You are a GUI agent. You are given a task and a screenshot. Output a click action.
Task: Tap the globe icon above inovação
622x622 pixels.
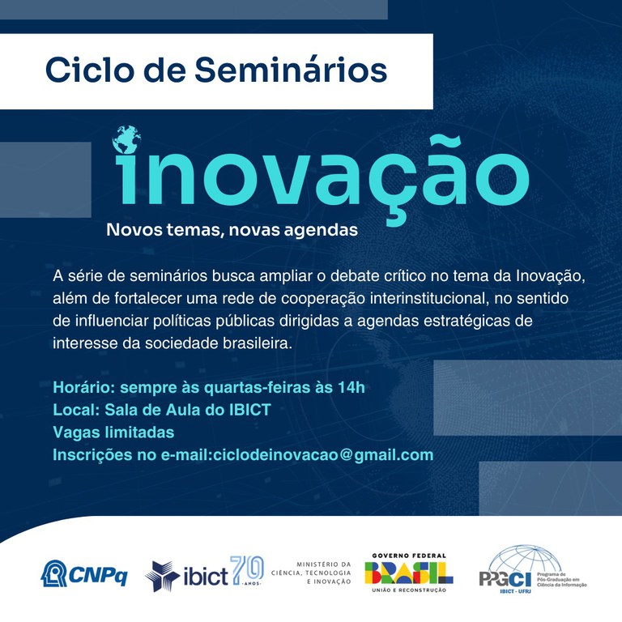pyautogui.click(x=127, y=140)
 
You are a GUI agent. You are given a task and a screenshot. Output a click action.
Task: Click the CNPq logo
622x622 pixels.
pyautogui.click(x=84, y=573)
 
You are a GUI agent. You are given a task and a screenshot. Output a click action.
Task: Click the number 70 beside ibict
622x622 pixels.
pyautogui.click(x=247, y=572)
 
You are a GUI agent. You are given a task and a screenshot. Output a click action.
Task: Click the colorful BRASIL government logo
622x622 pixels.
pyautogui.click(x=409, y=573)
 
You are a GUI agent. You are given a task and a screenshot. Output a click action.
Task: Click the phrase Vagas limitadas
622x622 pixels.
pyautogui.click(x=113, y=432)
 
